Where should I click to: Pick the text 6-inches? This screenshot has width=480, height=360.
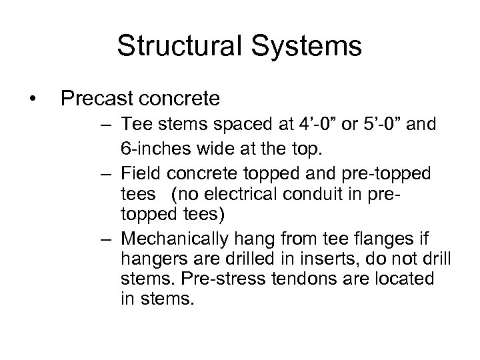155,151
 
